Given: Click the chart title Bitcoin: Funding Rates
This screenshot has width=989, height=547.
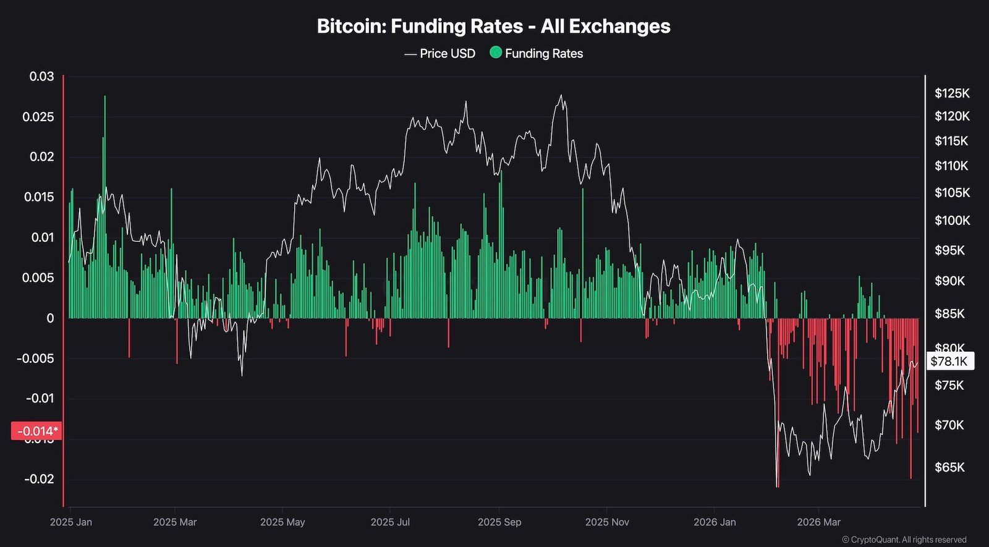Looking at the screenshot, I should point(493,27).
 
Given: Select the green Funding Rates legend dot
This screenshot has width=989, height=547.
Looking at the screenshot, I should point(496,53).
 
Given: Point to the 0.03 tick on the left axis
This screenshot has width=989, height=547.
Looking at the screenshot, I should point(42,77).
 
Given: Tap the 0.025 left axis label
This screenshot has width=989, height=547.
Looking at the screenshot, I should point(38,117).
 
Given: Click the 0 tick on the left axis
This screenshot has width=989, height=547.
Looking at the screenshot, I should point(50,318).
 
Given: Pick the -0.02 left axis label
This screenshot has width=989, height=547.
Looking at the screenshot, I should point(39,479).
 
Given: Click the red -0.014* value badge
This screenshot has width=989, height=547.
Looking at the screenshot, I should point(36,431).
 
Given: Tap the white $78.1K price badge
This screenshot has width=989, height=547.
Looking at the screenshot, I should point(949,361).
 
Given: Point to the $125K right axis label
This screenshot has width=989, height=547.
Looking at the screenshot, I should point(952,93).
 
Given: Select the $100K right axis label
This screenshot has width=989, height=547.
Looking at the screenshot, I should point(952,221).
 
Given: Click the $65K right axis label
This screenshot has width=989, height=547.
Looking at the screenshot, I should point(949,467).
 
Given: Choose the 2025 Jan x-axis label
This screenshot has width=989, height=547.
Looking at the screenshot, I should point(71,522).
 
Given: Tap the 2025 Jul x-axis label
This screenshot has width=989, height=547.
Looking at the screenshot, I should point(390,522).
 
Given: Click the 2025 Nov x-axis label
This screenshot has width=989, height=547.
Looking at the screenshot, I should point(606,522).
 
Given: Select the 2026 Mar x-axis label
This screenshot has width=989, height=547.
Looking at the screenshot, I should point(818,522).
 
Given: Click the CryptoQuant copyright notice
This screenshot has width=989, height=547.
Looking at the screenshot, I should point(904,540).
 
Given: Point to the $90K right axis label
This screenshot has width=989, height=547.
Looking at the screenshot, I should point(949,281).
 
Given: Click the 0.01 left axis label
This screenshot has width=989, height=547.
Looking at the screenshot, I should point(42,237).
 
